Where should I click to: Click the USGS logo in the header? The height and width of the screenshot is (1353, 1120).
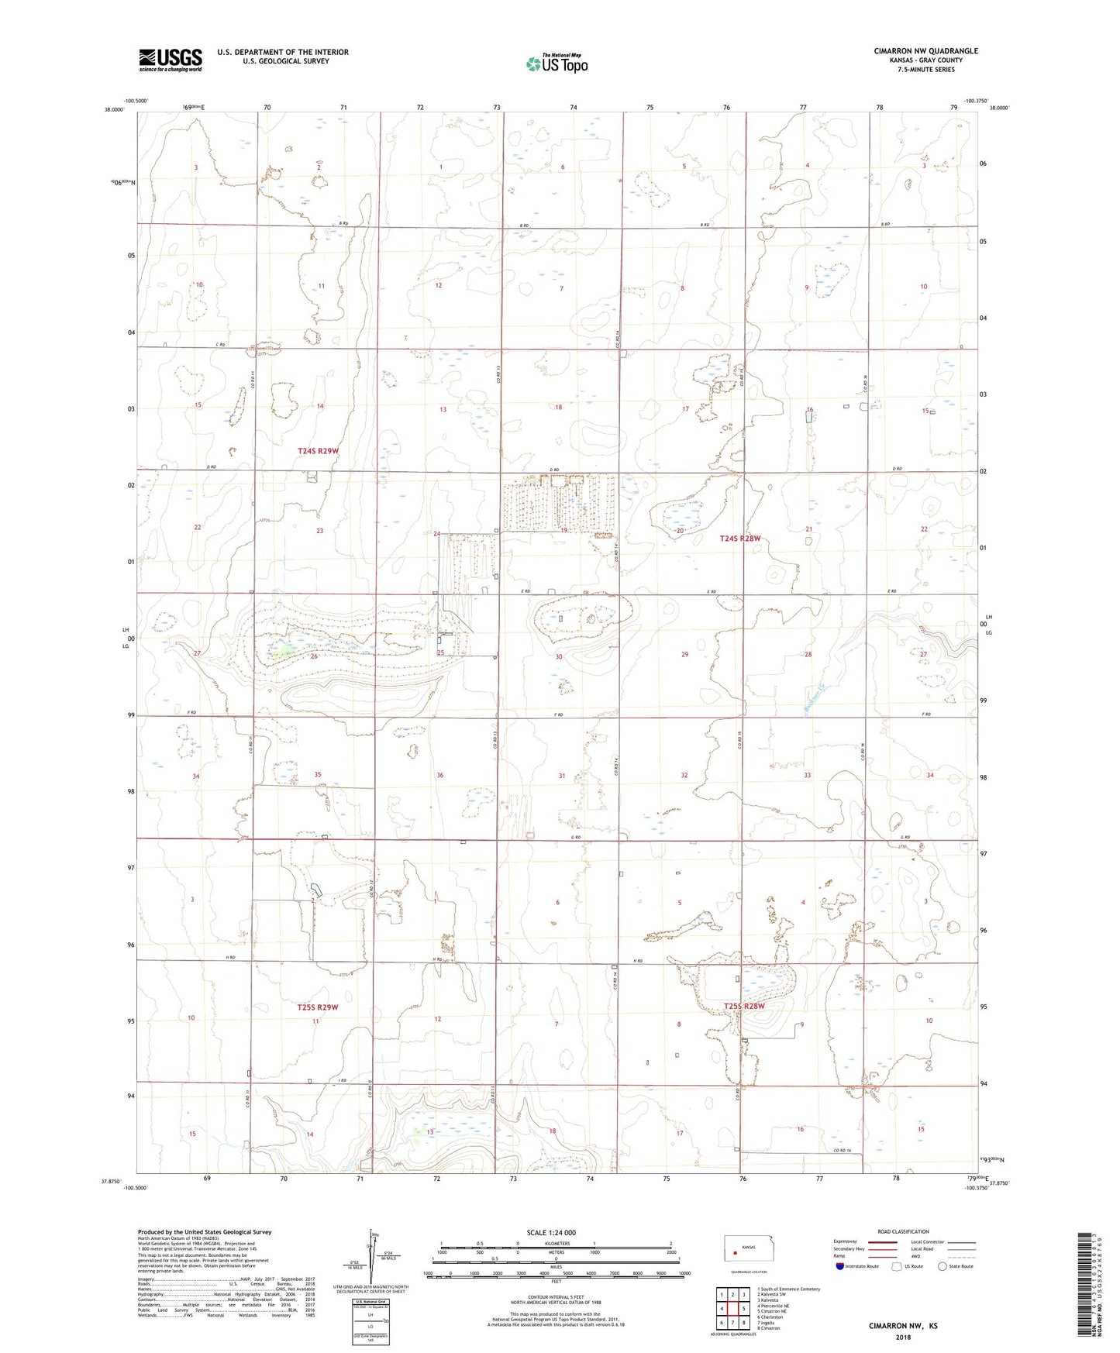pyautogui.click(x=171, y=60)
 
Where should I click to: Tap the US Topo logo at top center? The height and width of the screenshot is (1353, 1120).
pyautogui.click(x=557, y=64)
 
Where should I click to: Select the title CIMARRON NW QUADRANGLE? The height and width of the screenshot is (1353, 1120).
pyautogui.click(x=925, y=51)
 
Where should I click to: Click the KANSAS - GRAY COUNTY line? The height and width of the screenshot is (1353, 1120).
pyautogui.click(x=925, y=60)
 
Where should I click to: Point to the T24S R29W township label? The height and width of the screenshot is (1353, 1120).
pyautogui.click(x=318, y=450)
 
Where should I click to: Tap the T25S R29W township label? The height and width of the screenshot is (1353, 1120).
pyautogui.click(x=318, y=1007)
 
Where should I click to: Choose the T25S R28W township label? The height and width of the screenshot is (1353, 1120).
pyautogui.click(x=744, y=1007)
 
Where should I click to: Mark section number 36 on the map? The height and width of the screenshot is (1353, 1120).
pyautogui.click(x=440, y=776)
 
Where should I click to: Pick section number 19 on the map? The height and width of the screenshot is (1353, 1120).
pyautogui.click(x=564, y=530)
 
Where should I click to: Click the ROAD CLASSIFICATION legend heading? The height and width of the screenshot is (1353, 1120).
pyautogui.click(x=903, y=1231)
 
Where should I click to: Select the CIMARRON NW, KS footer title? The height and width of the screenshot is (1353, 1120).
pyautogui.click(x=903, y=1326)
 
